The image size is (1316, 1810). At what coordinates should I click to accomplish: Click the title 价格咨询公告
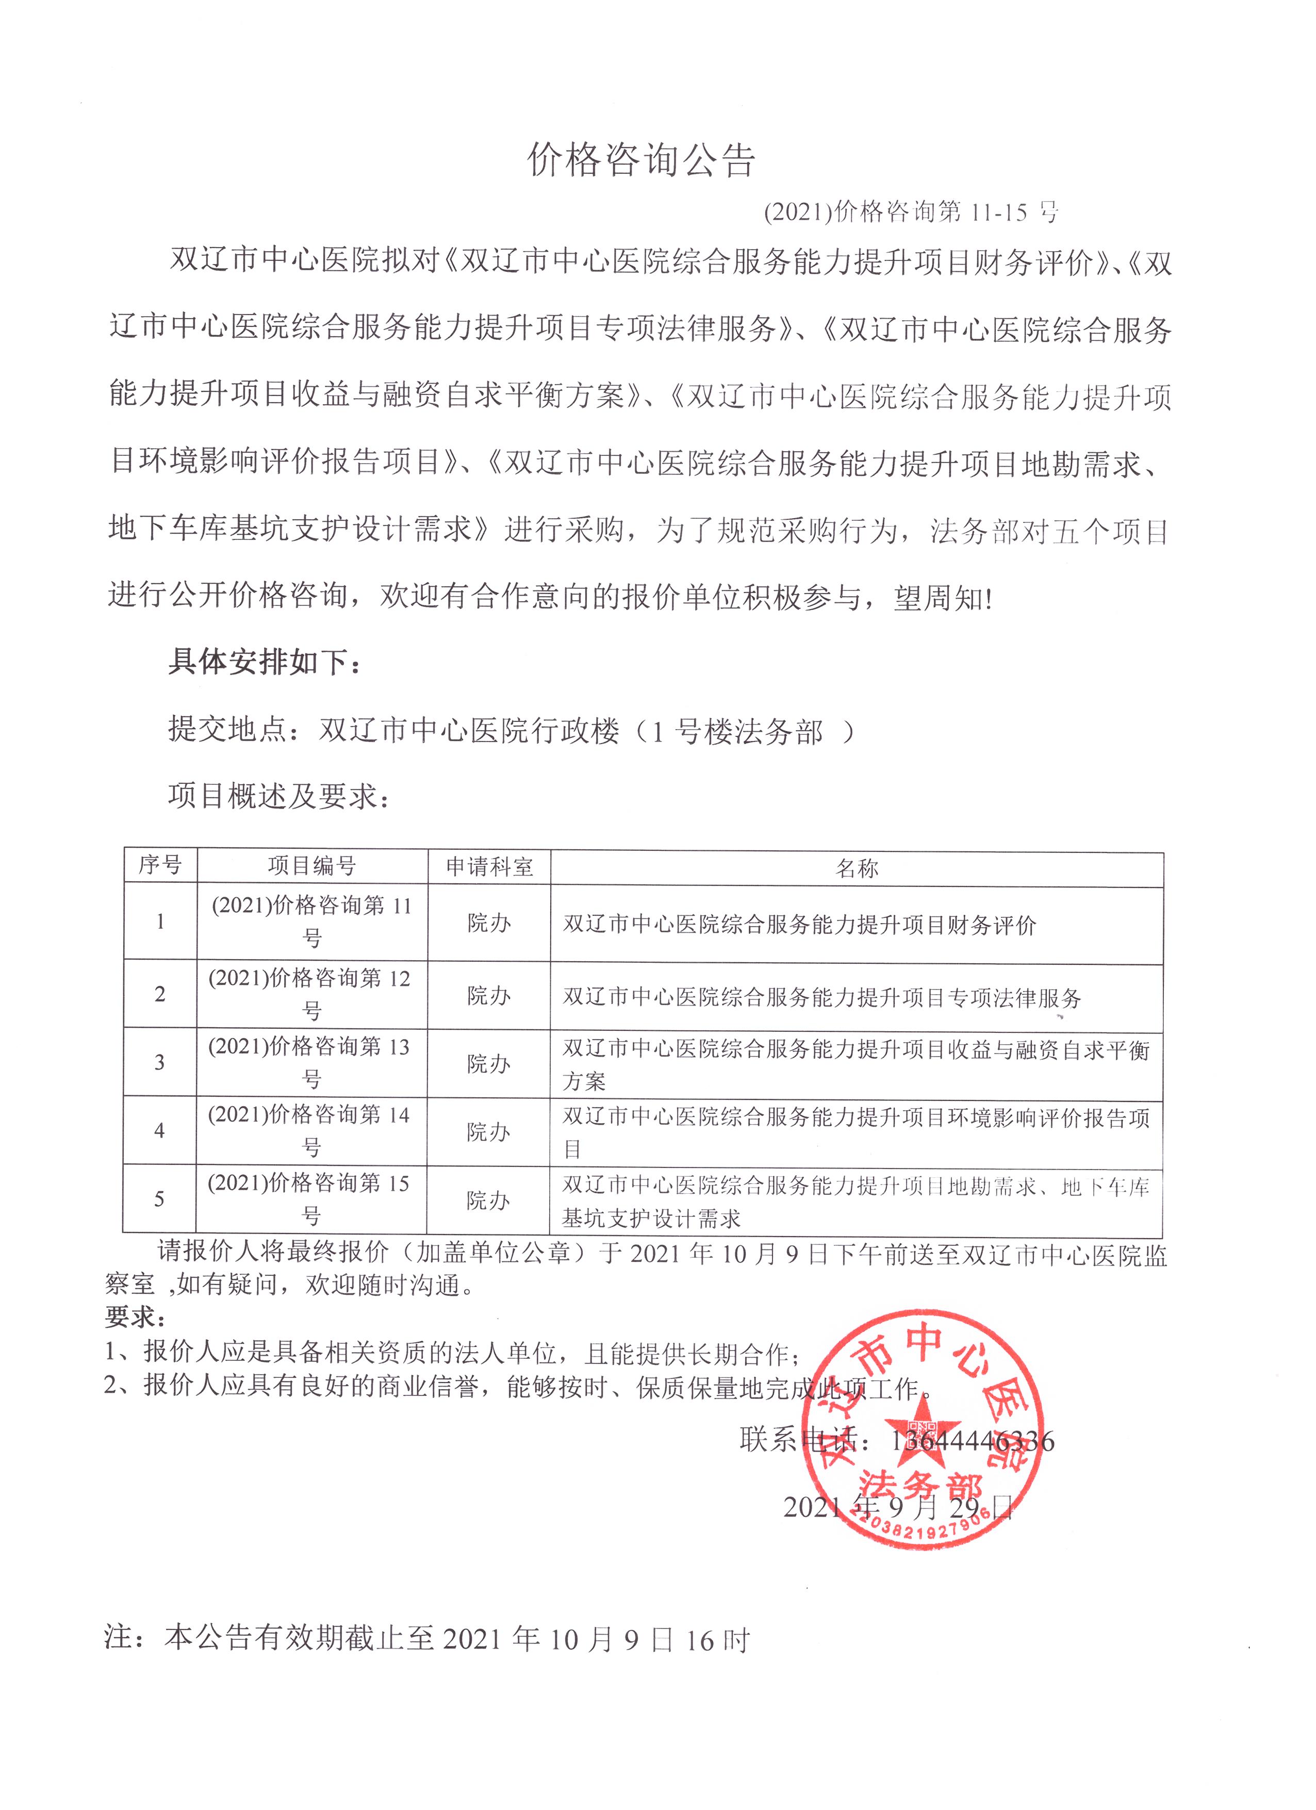(641, 160)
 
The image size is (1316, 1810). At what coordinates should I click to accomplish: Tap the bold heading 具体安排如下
(264, 662)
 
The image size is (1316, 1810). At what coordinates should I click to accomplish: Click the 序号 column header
(160, 865)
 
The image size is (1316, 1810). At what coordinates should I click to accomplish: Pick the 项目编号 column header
(311, 865)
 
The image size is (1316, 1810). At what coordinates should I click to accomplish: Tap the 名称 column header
(857, 868)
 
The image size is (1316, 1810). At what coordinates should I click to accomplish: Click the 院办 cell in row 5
(488, 1200)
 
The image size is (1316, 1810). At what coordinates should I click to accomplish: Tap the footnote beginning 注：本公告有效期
(427, 1638)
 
